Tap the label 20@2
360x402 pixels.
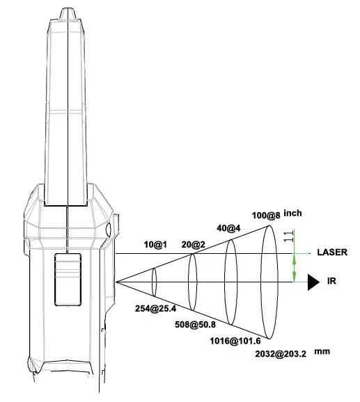193,244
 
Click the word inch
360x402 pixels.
293,213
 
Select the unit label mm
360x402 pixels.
321,351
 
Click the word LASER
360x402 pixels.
331,252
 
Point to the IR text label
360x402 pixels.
331,282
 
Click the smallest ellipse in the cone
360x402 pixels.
154,282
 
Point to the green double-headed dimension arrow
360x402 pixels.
294,268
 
